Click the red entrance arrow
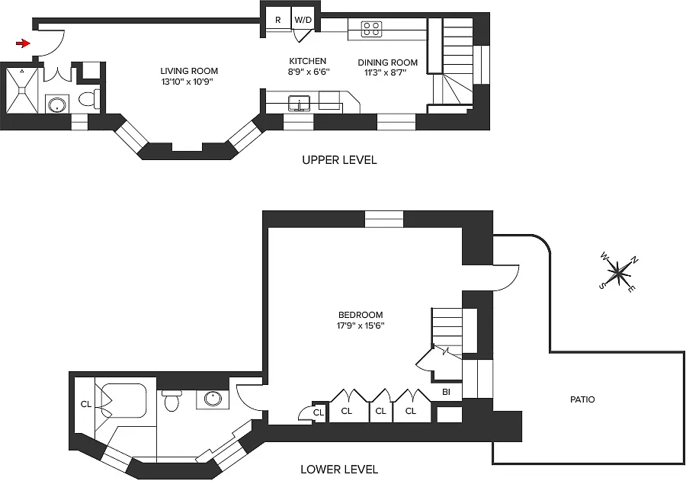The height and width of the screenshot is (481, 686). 23,43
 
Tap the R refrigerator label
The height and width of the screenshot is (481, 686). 277,20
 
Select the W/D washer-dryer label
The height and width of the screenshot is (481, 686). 303,20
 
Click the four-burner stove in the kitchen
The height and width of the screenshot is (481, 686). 371,29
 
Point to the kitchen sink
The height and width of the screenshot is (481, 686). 300,104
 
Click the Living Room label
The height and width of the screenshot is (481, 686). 189,71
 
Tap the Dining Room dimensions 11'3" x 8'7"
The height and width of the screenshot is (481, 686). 386,72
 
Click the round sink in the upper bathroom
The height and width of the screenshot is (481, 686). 57,105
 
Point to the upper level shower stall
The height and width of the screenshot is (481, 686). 22,90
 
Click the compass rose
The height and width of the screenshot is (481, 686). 618,273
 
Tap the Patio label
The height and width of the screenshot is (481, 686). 582,399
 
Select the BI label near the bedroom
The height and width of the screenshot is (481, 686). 446,392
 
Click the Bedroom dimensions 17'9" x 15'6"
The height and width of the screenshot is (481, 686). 361,325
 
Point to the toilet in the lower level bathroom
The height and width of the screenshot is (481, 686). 171,400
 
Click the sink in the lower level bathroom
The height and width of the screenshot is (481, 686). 213,399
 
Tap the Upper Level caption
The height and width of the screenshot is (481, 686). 339,160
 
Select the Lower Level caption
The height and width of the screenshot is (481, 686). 339,470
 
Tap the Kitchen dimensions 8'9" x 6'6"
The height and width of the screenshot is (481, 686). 309,72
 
